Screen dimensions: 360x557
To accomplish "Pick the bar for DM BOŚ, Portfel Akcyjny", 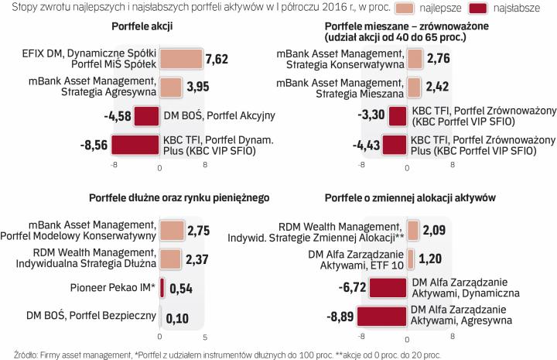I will [x=147, y=116].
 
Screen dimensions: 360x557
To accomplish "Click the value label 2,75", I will [x=200, y=231].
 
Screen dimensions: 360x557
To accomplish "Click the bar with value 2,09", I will [x=412, y=231].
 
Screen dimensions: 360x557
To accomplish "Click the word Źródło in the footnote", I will [x=15, y=353].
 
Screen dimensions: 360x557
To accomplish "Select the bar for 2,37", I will [x=170, y=259].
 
